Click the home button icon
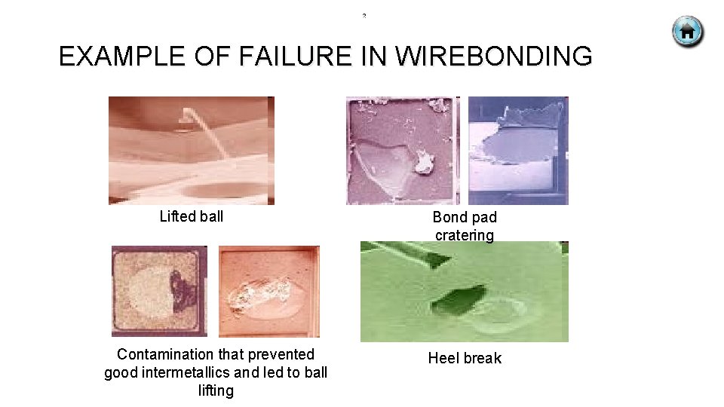click(687, 32)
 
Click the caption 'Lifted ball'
click(192, 217)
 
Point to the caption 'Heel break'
click(465, 359)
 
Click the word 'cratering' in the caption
click(465, 235)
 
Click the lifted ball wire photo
click(192, 151)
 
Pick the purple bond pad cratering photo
click(401, 151)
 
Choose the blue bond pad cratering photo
click(518, 151)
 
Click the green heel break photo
click(465, 292)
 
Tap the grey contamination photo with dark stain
click(159, 291)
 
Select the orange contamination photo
click(269, 291)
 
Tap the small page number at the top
click(364, 15)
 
